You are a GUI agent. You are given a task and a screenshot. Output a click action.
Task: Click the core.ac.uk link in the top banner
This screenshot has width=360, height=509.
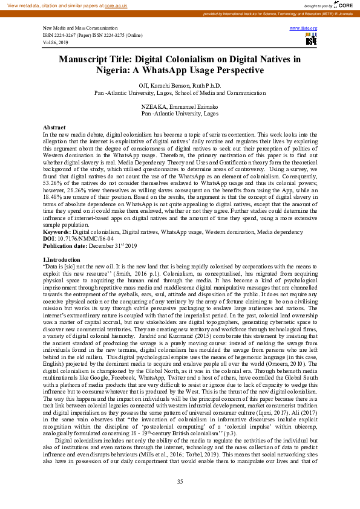pyautogui.click(x=116, y=5)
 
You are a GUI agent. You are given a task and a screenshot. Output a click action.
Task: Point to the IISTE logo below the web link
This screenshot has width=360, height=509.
pyautogui.click(x=311, y=39)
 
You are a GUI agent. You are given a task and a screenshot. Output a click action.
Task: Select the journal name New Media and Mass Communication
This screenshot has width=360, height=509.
pyautogui.click(x=80, y=28)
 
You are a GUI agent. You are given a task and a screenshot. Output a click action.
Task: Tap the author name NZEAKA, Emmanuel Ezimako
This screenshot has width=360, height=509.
pyautogui.click(x=180, y=106)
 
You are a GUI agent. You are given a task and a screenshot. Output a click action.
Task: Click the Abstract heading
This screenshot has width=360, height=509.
pyautogui.click(x=54, y=127)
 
